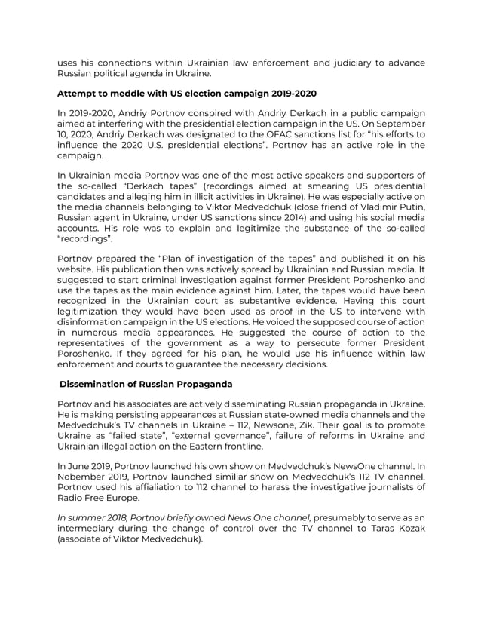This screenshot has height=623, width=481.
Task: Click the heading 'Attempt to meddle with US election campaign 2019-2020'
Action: pos(187,93)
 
